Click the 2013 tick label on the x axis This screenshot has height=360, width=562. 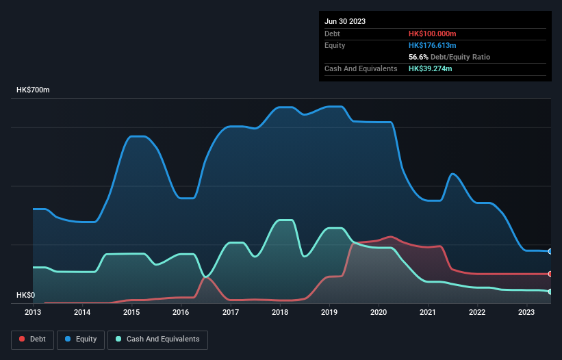(33, 312)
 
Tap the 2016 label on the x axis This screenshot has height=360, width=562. (181, 312)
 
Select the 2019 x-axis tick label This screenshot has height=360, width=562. (329, 312)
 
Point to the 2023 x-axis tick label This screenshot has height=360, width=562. (526, 312)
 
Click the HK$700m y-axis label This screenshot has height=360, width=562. (33, 90)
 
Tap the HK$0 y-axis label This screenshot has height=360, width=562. (25, 295)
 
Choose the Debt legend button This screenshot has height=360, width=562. (31, 339)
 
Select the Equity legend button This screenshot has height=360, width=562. (81, 339)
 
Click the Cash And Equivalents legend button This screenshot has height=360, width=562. (157, 339)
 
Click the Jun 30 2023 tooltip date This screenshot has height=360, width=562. (345, 21)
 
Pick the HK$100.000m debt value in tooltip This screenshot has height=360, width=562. (432, 34)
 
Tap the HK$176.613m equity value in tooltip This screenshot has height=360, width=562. (432, 45)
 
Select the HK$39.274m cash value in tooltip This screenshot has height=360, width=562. (430, 68)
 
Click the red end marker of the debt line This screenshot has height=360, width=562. (550, 274)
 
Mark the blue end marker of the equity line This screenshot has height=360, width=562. (550, 251)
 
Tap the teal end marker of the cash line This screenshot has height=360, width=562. (550, 292)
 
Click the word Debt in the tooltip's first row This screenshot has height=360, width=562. (332, 34)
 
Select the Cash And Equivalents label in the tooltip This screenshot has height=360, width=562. (361, 68)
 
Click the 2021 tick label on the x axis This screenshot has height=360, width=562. (428, 312)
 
